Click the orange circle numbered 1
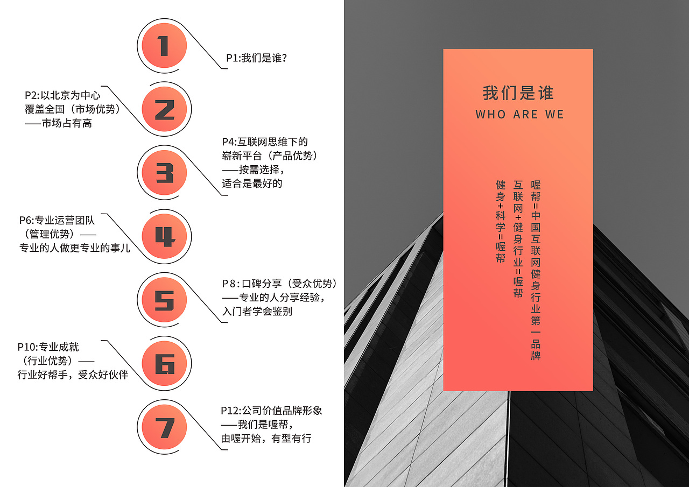coord(164,45)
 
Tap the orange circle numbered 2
coord(164,109)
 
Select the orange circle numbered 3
coord(164,173)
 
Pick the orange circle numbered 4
coord(164,236)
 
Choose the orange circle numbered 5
coord(164,300)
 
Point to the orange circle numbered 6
coord(164,363)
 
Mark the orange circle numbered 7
coord(164,427)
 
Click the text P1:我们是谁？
coord(256,58)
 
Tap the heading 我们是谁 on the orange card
coord(518,93)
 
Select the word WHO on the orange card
coord(490,115)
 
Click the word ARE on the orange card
coord(525,115)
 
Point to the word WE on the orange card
coord(554,115)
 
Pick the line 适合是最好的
coord(252,183)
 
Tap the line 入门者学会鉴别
coord(257,311)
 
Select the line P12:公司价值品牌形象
coord(272,411)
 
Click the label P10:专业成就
coord(48,347)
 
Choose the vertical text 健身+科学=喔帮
coord(501,222)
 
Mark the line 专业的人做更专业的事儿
coord(75,248)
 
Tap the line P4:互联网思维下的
coord(265,142)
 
